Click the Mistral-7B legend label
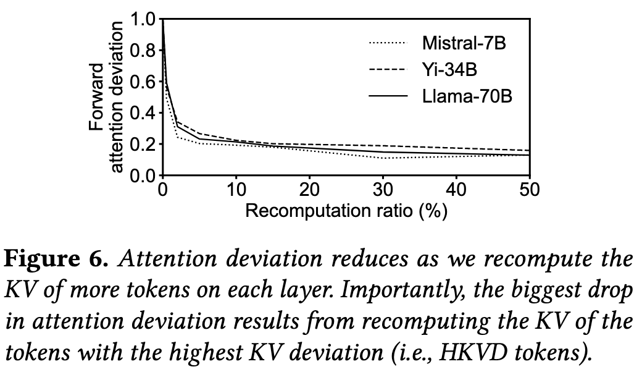(x=467, y=43)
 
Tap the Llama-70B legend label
(x=467, y=96)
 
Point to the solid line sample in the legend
(x=388, y=96)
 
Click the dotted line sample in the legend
(x=388, y=43)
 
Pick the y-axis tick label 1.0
(x=142, y=19)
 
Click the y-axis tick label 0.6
(x=142, y=82)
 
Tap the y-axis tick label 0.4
(x=142, y=114)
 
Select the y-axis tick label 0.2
(x=142, y=145)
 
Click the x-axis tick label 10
(x=236, y=190)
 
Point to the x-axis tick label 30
(x=383, y=190)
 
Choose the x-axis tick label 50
(x=529, y=190)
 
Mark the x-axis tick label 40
(x=456, y=190)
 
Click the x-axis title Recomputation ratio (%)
(x=346, y=211)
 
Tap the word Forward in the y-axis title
(x=97, y=97)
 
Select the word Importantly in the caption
(x=333, y=290)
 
